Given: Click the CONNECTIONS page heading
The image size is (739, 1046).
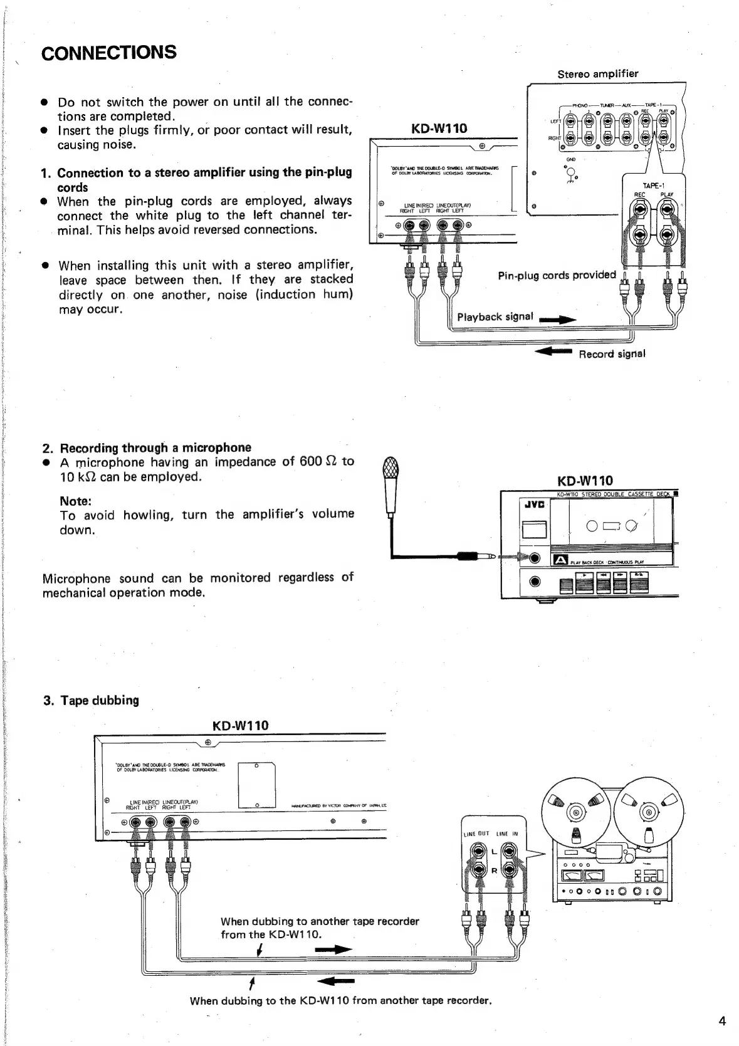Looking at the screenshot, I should (108, 53).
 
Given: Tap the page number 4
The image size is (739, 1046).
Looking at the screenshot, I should (722, 1021).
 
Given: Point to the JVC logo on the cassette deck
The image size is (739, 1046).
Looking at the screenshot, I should (533, 505).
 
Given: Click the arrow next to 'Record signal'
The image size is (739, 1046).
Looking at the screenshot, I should (553, 352).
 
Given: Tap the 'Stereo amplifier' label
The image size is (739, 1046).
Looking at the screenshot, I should (597, 74).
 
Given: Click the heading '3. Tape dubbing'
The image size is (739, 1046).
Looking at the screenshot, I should (91, 700).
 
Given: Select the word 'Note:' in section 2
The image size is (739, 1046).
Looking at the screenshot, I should (76, 501).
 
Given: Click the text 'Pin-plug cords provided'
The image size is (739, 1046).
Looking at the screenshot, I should (557, 275).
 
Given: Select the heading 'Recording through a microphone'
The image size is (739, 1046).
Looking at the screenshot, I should (155, 447).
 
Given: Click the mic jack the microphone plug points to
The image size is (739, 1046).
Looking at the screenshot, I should (535, 558).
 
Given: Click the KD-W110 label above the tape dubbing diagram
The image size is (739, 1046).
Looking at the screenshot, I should (241, 725).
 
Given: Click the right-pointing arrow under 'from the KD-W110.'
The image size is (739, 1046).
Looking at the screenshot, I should (333, 950).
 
